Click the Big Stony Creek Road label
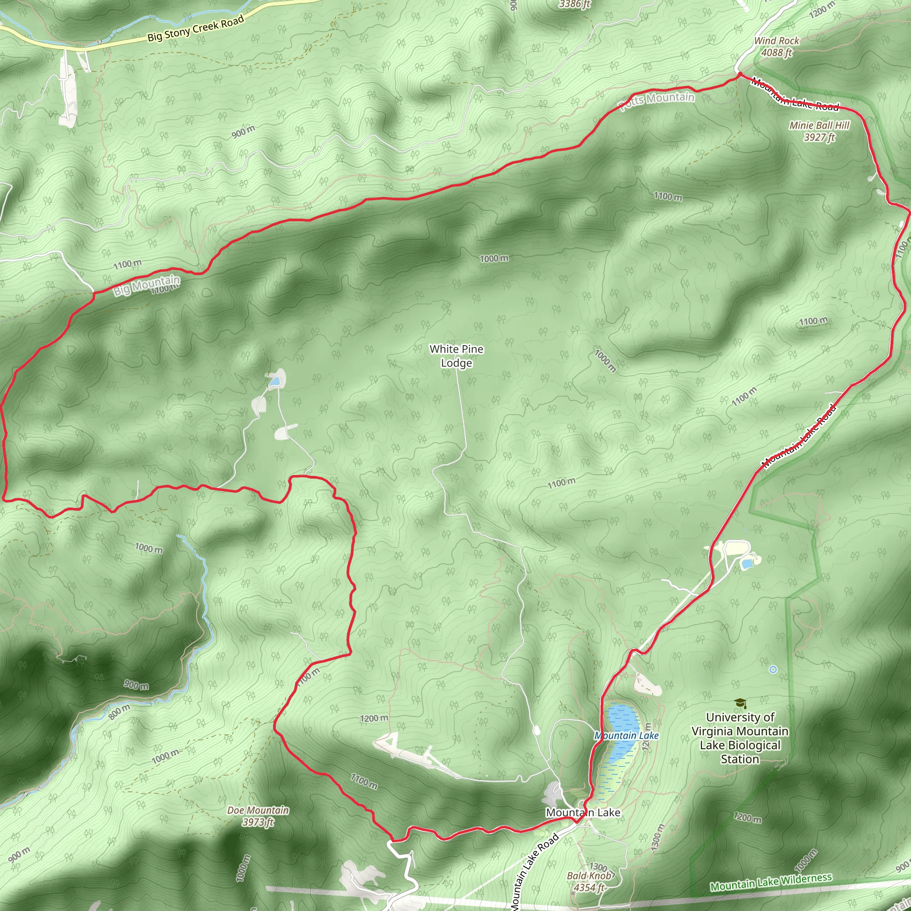pos(196,28)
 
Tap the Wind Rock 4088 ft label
pos(776,47)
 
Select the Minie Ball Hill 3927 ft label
pos(819,131)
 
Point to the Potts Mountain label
pos(657,100)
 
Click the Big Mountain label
pos(146,285)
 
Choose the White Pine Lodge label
pos(456,356)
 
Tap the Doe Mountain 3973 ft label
pos(258,816)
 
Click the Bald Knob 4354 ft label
pos(589,881)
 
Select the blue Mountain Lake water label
pos(626,736)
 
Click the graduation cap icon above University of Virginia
pos(740,704)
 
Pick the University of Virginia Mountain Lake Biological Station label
pos(740,738)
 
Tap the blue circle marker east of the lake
pos(773,669)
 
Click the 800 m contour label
pos(119,712)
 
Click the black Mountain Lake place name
pos(583,812)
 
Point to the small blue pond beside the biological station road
pos(746,563)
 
